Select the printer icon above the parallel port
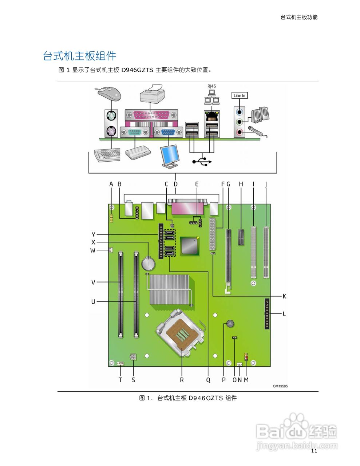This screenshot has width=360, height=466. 153,94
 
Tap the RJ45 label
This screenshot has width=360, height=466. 211,86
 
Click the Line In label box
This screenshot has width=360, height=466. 240,95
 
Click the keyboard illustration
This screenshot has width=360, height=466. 107,155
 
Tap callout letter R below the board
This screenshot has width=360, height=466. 182,380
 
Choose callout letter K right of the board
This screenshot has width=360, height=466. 284,296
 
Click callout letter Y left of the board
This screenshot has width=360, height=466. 94,234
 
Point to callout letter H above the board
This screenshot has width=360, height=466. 241,184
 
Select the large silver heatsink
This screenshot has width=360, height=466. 169,290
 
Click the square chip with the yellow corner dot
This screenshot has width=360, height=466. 190,245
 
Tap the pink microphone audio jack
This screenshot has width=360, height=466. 239,133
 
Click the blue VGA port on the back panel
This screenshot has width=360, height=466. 168,133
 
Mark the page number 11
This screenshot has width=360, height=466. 314,451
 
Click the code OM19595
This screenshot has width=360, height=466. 280,386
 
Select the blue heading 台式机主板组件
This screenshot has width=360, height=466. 80,56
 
